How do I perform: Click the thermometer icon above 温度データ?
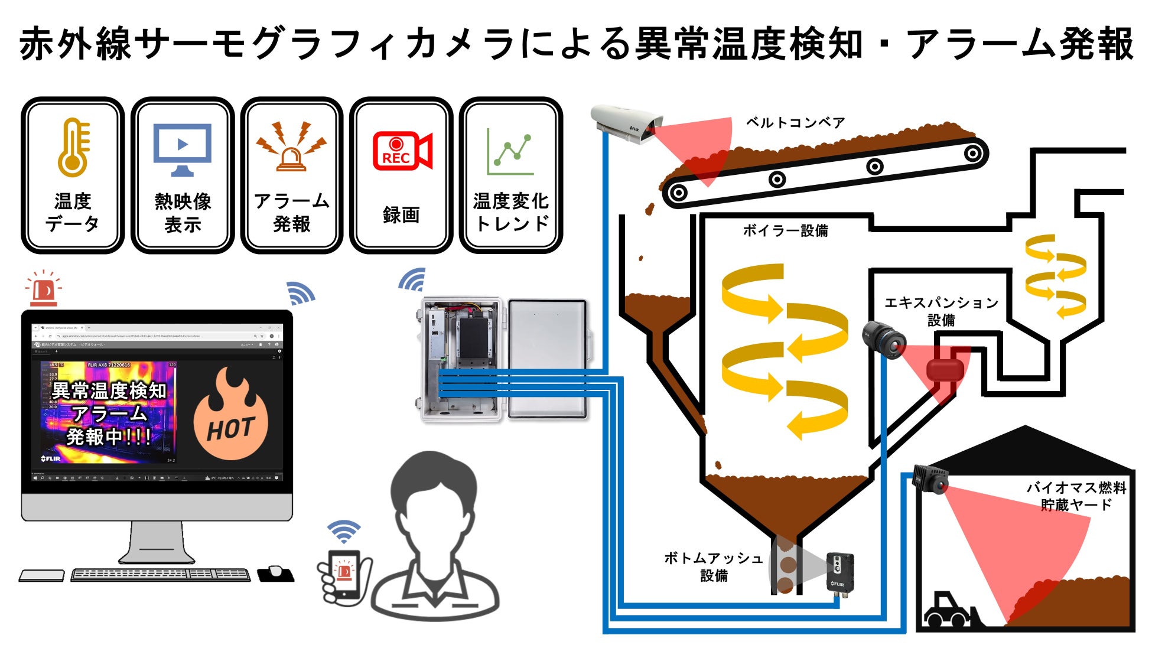[x=73, y=148]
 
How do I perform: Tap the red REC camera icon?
[x=402, y=151]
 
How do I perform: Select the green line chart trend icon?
[x=510, y=152]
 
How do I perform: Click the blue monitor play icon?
[x=182, y=148]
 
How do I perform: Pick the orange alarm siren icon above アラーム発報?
[x=291, y=148]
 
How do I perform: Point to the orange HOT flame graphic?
[x=230, y=416]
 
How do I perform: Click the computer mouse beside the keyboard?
[x=275, y=572]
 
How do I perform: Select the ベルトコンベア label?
[x=795, y=122]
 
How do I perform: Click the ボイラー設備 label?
[x=785, y=230]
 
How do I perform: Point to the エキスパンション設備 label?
[x=941, y=311]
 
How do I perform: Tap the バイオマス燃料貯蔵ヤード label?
[x=1076, y=496]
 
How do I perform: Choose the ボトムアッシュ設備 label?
[x=713, y=566]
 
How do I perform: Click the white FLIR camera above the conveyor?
[x=624, y=123]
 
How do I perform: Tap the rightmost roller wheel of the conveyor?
[x=972, y=154]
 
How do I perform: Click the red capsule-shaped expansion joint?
[x=945, y=371]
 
